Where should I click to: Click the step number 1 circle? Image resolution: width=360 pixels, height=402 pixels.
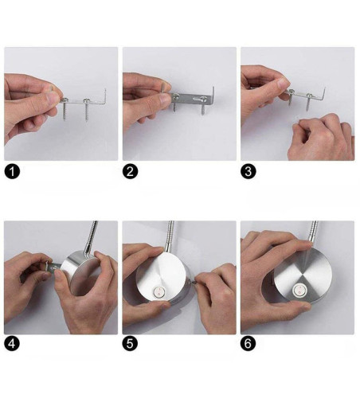[12, 171]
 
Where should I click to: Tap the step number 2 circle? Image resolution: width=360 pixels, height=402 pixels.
[130, 171]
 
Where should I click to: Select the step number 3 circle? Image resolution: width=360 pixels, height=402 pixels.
[248, 171]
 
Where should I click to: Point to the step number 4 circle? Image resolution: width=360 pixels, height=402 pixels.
[12, 343]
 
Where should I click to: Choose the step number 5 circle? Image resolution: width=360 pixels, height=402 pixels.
[130, 343]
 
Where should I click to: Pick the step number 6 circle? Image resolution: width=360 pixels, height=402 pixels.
[248, 343]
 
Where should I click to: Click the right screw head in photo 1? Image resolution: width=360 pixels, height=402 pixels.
[87, 101]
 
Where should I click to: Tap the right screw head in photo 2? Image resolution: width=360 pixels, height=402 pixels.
[205, 99]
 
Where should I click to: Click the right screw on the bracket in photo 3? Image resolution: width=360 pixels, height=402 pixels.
[308, 101]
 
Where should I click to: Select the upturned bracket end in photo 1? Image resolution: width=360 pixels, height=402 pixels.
[105, 96]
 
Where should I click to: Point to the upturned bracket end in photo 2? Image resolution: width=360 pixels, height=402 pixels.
[213, 95]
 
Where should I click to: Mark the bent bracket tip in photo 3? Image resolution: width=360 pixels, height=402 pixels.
[324, 93]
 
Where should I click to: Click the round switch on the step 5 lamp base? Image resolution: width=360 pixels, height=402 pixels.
[159, 292]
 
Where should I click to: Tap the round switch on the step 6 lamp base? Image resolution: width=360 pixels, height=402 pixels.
[299, 290]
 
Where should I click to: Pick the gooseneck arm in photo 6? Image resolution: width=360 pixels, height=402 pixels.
[313, 232]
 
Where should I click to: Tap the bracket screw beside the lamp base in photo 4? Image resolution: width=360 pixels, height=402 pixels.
[55, 267]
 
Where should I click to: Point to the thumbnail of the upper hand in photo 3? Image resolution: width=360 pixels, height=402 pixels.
[284, 84]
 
